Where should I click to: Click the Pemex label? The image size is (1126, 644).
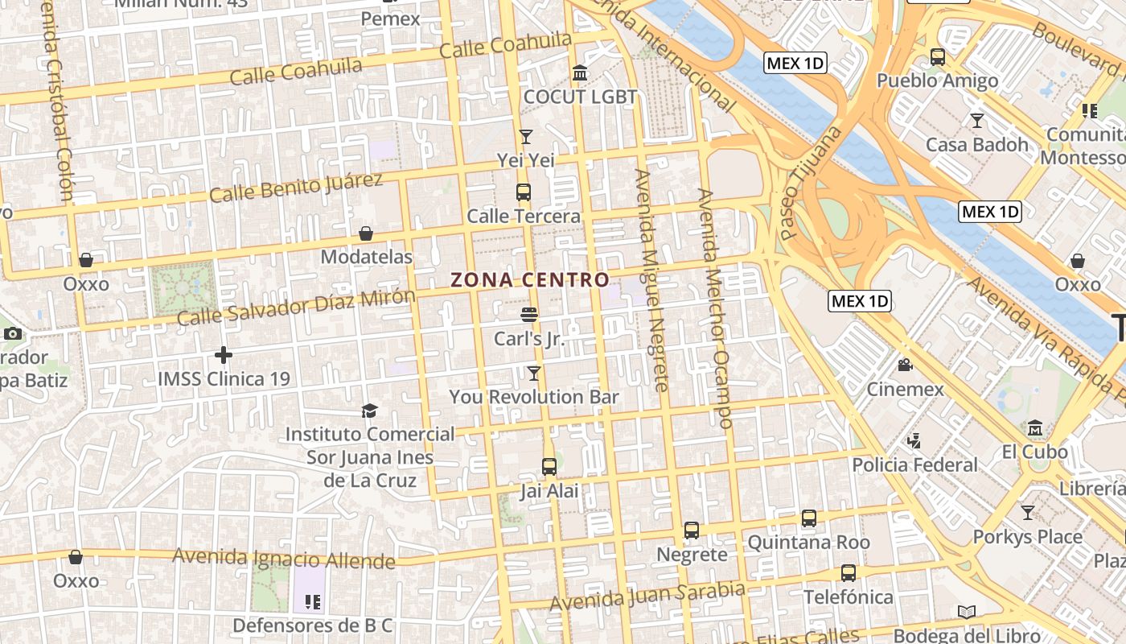(x=391, y=18)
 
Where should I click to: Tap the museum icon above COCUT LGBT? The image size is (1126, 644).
(x=579, y=74)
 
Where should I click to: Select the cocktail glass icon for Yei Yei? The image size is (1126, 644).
(x=526, y=137)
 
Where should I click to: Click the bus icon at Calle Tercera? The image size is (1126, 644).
(x=524, y=192)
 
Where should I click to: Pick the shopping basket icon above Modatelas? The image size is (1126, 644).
(x=366, y=233)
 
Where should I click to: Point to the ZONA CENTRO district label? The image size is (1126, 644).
(x=529, y=280)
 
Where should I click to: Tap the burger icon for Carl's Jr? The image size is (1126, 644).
(x=529, y=315)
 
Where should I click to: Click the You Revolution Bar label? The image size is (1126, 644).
(x=534, y=397)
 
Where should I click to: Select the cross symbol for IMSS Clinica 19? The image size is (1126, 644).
(x=224, y=354)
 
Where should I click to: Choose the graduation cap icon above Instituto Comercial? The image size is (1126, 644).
(x=369, y=411)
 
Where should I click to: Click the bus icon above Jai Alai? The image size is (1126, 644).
(x=549, y=467)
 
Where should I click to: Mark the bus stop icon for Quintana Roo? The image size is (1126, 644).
(x=809, y=518)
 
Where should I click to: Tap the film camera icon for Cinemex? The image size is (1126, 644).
(x=905, y=365)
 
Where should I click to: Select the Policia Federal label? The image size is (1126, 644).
(x=914, y=464)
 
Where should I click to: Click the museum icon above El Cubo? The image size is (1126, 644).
(x=1035, y=427)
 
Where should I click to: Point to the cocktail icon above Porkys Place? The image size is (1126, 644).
(x=1028, y=513)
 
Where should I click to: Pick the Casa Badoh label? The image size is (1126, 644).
(x=977, y=145)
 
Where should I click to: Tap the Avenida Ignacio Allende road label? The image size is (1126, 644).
(x=284, y=558)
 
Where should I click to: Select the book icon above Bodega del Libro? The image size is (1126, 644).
(x=967, y=613)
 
